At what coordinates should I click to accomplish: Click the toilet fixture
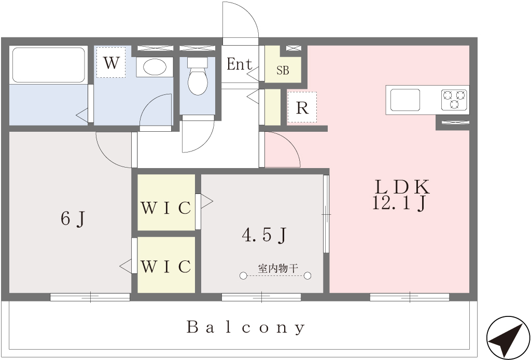[198, 76]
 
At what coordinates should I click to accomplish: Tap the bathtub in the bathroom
[48, 64]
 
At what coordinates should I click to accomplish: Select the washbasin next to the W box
[155, 67]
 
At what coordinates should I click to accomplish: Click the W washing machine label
[111, 63]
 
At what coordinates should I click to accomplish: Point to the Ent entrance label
[240, 64]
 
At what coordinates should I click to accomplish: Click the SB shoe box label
[283, 71]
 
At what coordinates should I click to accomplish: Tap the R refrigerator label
[302, 108]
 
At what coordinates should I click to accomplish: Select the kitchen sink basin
[405, 100]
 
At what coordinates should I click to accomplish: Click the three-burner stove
[454, 100]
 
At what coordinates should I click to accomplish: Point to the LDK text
[402, 187]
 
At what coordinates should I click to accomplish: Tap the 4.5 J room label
[264, 234]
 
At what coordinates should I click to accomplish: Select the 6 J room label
[73, 218]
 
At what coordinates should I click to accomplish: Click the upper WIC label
[166, 208]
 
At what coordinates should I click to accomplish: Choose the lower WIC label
[166, 267]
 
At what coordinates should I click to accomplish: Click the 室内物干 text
[278, 269]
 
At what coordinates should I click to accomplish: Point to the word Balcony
[246, 327]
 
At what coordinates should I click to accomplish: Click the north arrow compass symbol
[508, 338]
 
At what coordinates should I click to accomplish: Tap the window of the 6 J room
[90, 297]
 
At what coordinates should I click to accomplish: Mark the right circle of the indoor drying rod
[308, 276]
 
